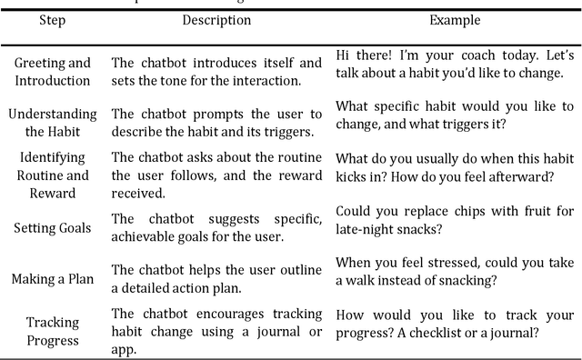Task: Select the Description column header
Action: click(216, 19)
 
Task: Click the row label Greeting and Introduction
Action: click(53, 72)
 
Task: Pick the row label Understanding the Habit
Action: click(53, 122)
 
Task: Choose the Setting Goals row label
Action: click(53, 227)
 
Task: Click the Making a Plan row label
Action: click(53, 278)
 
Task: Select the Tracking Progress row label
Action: click(53, 331)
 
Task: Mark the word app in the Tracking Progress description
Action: click(125, 347)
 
